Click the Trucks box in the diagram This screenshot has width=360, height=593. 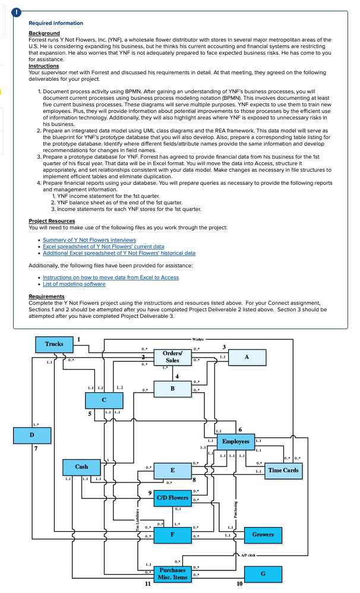(55, 344)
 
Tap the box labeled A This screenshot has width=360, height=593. (246, 357)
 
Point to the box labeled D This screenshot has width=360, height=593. (31, 436)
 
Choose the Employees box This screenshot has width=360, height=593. (236, 441)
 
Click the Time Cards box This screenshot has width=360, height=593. (283, 471)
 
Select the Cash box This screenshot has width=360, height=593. (81, 467)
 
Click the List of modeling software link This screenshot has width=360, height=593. (74, 284)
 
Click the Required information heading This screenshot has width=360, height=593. (56, 23)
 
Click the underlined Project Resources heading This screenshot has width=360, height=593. (52, 221)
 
